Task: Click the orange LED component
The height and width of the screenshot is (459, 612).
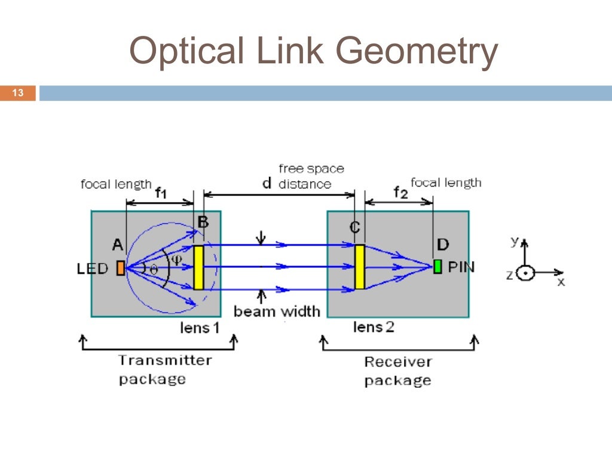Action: click(x=121, y=268)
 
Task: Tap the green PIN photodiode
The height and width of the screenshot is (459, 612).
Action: click(x=437, y=267)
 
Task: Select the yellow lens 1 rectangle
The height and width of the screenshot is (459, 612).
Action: click(x=198, y=267)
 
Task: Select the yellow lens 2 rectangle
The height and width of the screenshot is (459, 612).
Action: click(x=360, y=267)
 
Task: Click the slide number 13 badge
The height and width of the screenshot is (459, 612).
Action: click(x=18, y=93)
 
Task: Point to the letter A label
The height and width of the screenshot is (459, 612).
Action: click(x=117, y=244)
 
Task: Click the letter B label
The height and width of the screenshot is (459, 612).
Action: click(x=203, y=222)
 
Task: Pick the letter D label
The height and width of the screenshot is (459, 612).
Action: click(x=443, y=244)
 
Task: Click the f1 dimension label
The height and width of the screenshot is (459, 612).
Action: click(x=161, y=193)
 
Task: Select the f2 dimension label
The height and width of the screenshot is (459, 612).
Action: click(x=400, y=192)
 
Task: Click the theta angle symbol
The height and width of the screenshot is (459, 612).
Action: click(x=154, y=270)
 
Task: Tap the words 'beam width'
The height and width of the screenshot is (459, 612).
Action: click(x=277, y=311)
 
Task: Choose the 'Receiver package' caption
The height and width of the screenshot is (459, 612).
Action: click(x=398, y=371)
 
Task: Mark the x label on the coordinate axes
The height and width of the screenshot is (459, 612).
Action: click(x=561, y=282)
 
